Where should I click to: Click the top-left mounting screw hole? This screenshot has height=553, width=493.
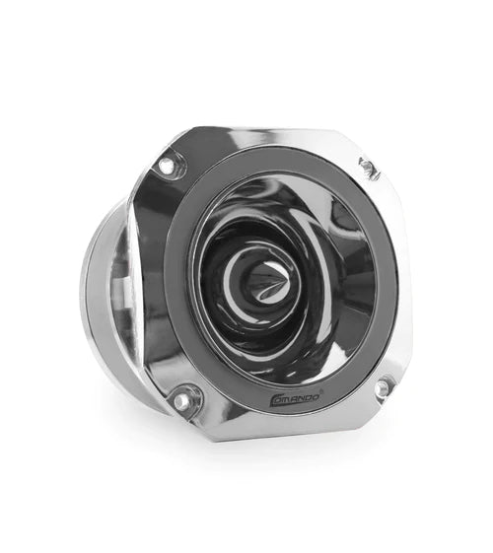click(169, 165)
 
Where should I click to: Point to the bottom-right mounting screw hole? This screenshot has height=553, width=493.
click(382, 387)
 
